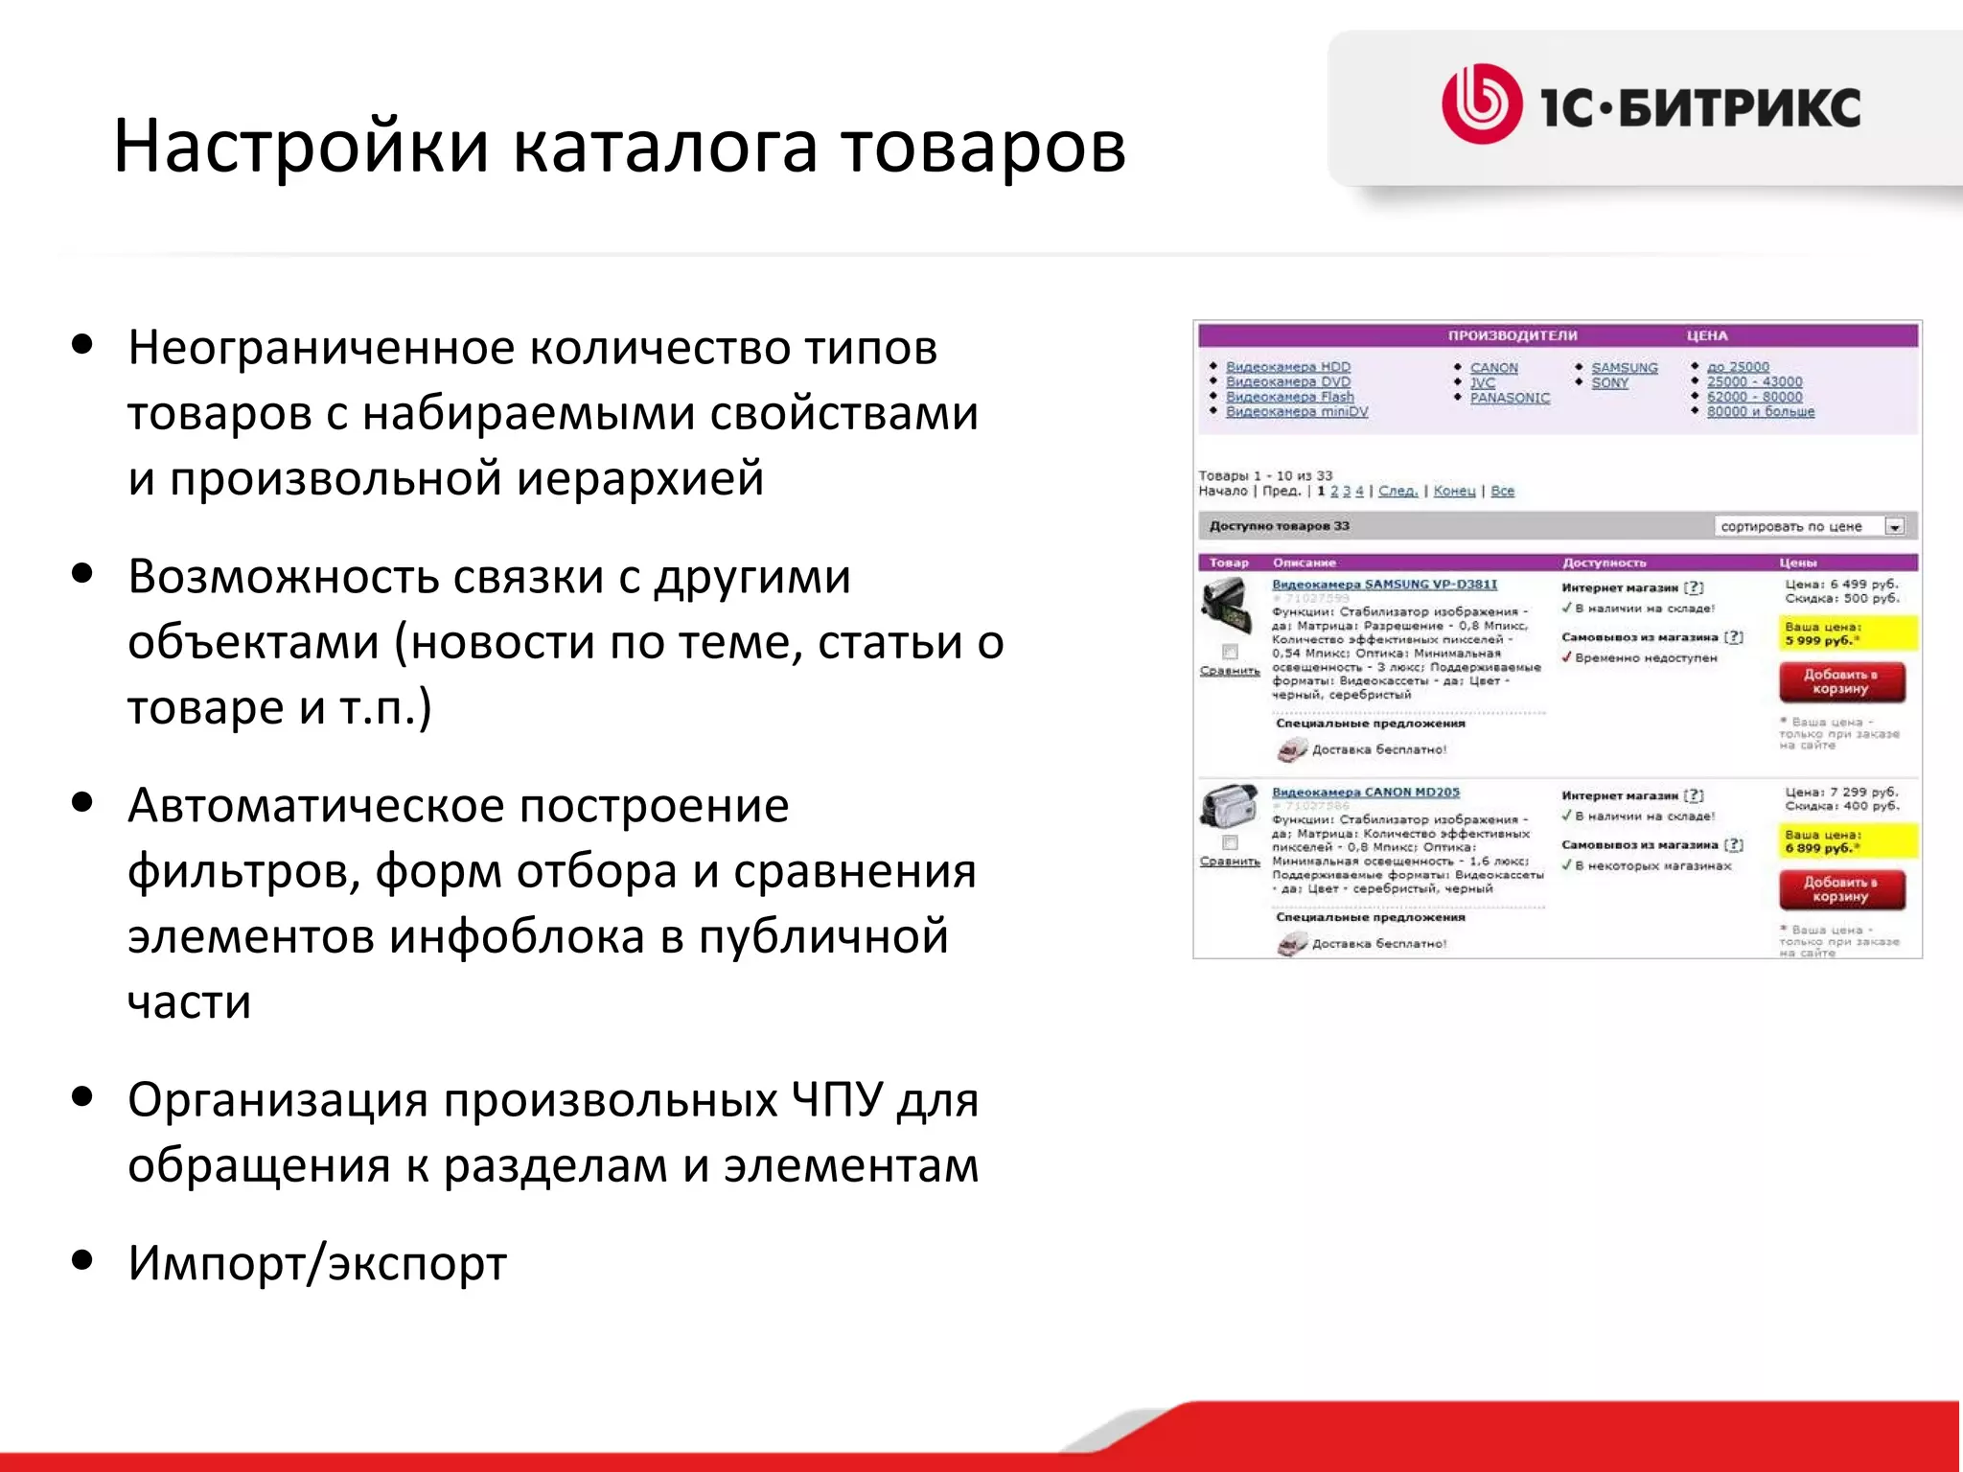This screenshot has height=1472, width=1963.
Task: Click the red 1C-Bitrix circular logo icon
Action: coord(1481,104)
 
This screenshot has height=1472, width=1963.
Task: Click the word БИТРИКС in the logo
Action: coord(1740,106)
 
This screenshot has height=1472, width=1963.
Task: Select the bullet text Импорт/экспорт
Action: coord(317,1263)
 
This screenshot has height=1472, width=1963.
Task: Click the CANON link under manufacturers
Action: coord(1493,368)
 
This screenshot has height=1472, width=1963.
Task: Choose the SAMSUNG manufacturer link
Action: coord(1624,368)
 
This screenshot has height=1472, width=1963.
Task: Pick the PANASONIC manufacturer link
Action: coord(1510,398)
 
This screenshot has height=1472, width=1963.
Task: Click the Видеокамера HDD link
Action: coord(1287,367)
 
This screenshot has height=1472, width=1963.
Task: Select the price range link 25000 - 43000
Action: coord(1754,381)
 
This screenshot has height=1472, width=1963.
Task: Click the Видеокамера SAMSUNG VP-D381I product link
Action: coord(1384,584)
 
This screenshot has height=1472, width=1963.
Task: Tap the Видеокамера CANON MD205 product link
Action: coord(1365,793)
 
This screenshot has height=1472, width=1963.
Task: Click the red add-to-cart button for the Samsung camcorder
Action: coord(1841,681)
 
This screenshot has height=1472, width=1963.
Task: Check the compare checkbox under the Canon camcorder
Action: coord(1230,843)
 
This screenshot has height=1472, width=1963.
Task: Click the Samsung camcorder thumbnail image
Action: coord(1227,607)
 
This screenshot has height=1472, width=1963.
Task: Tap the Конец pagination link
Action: coord(1454,491)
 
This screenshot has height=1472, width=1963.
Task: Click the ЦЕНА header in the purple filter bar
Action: coord(1707,335)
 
